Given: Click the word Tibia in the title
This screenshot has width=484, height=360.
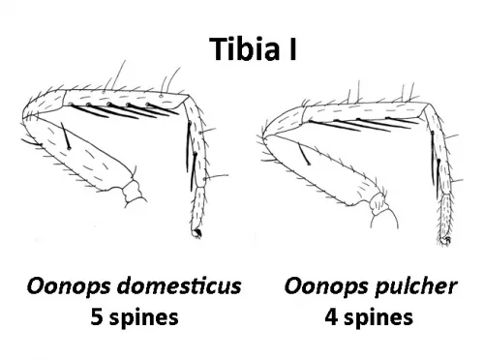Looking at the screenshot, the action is pyautogui.click(x=245, y=48).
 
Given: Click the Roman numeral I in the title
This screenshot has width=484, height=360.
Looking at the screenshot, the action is pyautogui.click(x=292, y=48).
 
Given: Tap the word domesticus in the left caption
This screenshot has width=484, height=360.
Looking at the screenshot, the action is pyautogui.click(x=179, y=285).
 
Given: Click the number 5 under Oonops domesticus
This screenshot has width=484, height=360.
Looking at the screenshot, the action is pyautogui.click(x=97, y=316).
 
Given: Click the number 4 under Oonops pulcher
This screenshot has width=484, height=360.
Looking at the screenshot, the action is pyautogui.click(x=331, y=316).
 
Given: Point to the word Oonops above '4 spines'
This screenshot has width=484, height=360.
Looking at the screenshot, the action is pyautogui.click(x=326, y=286).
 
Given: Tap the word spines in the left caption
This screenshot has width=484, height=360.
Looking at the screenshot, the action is pyautogui.click(x=143, y=318).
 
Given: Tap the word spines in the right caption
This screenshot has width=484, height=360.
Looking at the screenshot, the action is pyautogui.click(x=378, y=318).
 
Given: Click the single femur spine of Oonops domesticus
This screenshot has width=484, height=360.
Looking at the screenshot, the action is pyautogui.click(x=65, y=135).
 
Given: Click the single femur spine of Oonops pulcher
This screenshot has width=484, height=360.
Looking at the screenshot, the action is pyautogui.click(x=304, y=154).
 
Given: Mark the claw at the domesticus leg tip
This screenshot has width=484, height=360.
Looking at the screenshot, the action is pyautogui.click(x=197, y=233).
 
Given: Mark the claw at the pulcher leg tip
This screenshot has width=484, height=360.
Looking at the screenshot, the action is pyautogui.click(x=447, y=240).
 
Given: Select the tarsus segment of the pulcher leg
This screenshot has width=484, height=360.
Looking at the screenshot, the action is pyautogui.click(x=446, y=216).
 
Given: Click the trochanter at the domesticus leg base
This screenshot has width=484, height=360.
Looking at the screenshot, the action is pyautogui.click(x=133, y=191).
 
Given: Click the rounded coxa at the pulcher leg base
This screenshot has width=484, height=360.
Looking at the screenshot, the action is pyautogui.click(x=385, y=219).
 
